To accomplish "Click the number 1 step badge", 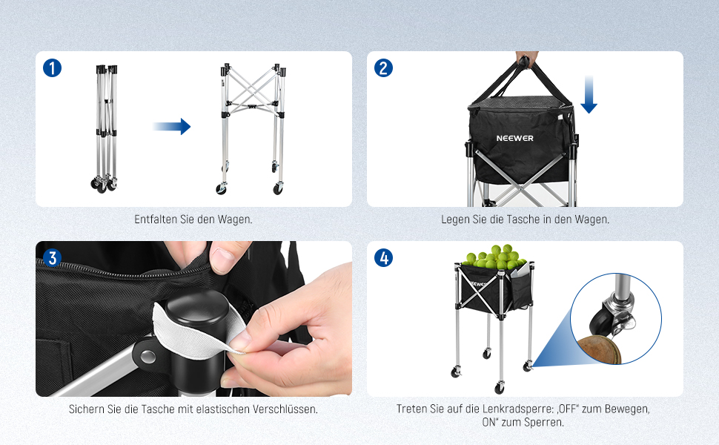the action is click(53, 68).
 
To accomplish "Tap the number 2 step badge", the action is click(383, 68).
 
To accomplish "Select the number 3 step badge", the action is click(53, 258).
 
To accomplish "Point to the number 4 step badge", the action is click(383, 258).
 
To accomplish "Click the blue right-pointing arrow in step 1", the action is click(171, 126).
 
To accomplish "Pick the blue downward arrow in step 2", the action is click(589, 94).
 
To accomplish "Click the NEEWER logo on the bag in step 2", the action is click(514, 138).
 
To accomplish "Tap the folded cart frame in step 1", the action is click(105, 128).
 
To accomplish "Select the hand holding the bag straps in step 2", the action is click(527, 59).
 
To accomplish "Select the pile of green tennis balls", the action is click(494, 257).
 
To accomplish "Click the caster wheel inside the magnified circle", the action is click(600, 322).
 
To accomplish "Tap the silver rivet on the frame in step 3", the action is click(148, 356).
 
